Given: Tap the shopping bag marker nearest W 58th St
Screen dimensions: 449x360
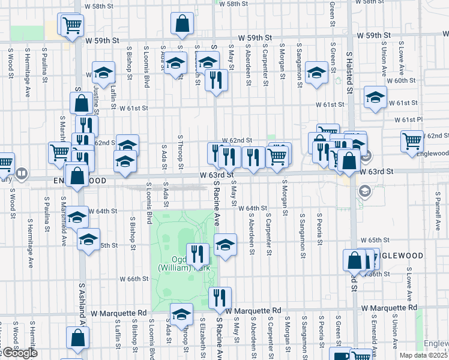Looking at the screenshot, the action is pos(182,24).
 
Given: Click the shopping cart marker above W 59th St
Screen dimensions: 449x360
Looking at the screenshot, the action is pos(71,26).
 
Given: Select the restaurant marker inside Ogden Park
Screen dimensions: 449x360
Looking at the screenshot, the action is pos(197,254).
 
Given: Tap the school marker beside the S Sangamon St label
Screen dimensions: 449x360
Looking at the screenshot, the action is pos(316,74).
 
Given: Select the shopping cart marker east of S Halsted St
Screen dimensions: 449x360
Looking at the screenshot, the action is pos(412,142).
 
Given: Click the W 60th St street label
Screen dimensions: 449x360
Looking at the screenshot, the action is pos(401,80).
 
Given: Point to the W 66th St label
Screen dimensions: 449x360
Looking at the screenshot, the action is pos(134,279).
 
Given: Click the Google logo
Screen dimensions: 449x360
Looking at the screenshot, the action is pos(19,353).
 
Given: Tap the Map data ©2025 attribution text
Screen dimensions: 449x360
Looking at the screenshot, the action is pos(423,355).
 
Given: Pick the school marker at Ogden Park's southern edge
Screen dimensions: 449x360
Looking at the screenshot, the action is pos(182,314).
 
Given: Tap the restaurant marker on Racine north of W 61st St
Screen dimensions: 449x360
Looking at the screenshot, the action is pos(216,80).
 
